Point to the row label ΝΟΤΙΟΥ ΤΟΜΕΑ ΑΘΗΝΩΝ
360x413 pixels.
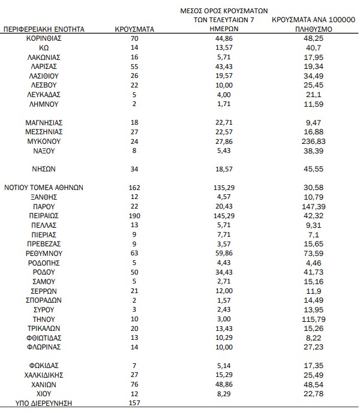click(x=44, y=188)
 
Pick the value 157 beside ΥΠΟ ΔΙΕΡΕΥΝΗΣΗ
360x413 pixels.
click(x=134, y=403)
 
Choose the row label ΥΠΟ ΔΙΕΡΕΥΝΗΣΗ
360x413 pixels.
click(x=44, y=403)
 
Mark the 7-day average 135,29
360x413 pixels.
click(x=224, y=188)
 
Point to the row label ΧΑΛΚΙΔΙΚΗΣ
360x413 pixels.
click(x=44, y=375)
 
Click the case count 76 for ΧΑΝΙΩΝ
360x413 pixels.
click(x=134, y=384)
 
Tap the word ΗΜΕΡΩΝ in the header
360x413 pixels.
click(x=224, y=28)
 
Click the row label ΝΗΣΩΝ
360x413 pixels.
click(x=44, y=169)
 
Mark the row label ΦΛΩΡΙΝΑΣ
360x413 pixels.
click(x=44, y=346)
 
